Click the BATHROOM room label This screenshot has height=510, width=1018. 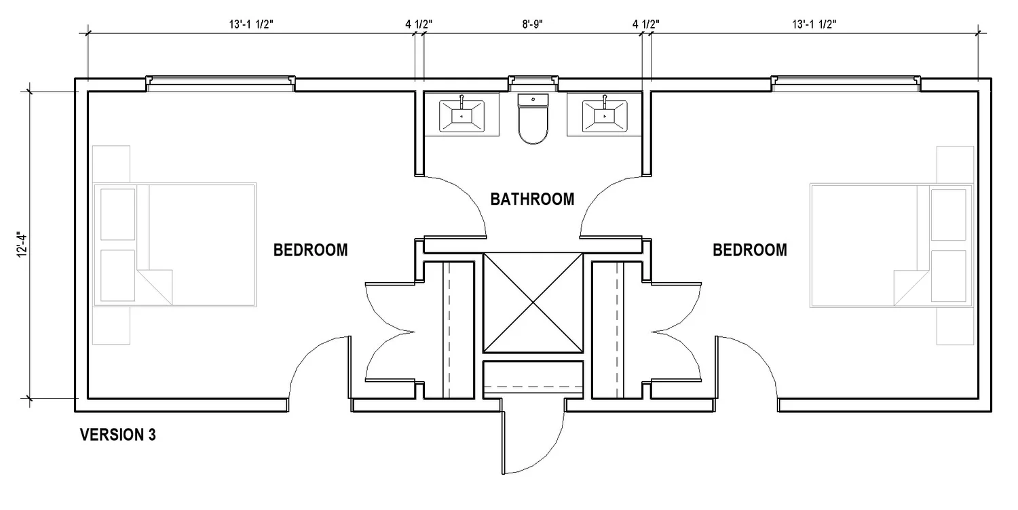pyautogui.click(x=532, y=199)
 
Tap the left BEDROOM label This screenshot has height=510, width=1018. pyautogui.click(x=310, y=250)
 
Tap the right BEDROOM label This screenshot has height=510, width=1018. pyautogui.click(x=749, y=250)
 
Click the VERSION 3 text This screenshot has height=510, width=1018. pyautogui.click(x=118, y=435)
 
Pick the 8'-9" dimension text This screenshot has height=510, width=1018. pyautogui.click(x=532, y=24)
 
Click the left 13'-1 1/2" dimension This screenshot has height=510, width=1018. pyautogui.click(x=251, y=24)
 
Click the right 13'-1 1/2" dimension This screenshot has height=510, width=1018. pyautogui.click(x=814, y=24)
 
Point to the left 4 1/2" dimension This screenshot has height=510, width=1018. pyautogui.click(x=419, y=24)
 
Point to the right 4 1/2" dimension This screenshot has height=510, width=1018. pyautogui.click(x=646, y=24)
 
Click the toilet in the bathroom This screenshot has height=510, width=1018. pyautogui.click(x=533, y=121)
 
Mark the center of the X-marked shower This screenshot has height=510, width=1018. pyautogui.click(x=533, y=302)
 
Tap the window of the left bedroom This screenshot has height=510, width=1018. pyautogui.click(x=221, y=84)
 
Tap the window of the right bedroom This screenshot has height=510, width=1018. pyautogui.click(x=846, y=84)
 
